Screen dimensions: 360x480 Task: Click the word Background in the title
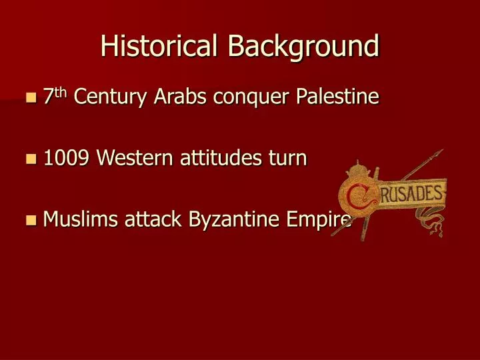click(303, 46)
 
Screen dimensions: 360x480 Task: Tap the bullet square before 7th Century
click(29, 99)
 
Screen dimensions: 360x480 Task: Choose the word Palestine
click(338, 97)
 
